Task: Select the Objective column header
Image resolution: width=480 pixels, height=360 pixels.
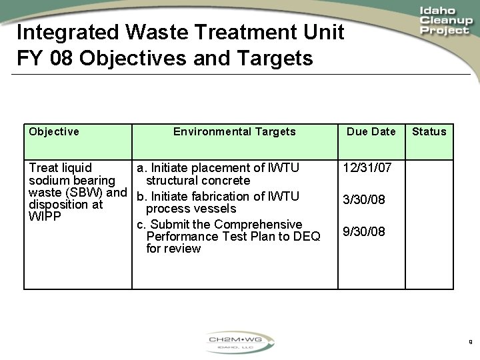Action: coord(54,131)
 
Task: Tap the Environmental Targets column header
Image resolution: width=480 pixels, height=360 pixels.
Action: coord(234,131)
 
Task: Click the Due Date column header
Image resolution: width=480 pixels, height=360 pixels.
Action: coord(371,131)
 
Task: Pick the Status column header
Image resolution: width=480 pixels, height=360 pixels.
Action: coord(429,131)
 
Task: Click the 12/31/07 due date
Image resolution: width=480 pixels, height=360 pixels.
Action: coord(366,168)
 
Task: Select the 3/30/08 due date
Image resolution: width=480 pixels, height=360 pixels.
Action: coord(363,199)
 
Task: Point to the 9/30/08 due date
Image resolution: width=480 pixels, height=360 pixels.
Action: coord(363,231)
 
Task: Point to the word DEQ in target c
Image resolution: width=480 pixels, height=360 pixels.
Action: coord(307,236)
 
